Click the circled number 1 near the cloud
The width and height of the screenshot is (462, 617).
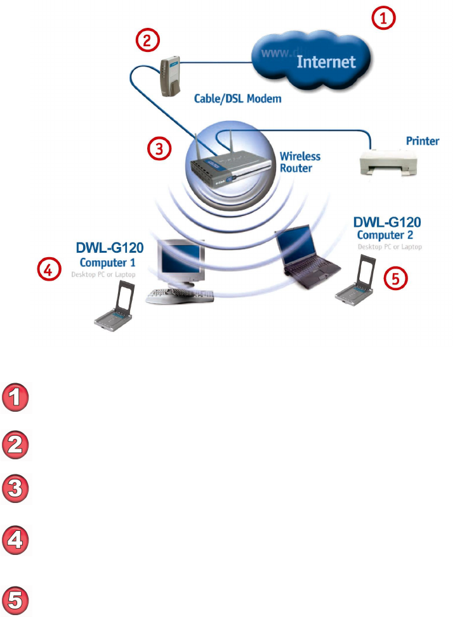(x=383, y=19)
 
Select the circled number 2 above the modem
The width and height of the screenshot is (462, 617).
(x=147, y=41)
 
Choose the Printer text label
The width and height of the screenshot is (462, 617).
(x=422, y=141)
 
